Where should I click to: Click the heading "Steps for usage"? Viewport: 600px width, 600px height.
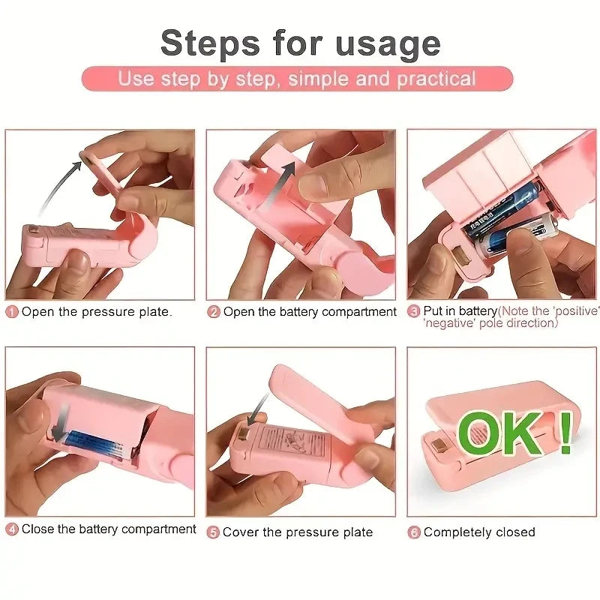[300, 43]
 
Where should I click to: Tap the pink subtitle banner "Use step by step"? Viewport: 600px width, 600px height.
[297, 79]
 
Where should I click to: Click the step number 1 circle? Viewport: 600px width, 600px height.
[12, 312]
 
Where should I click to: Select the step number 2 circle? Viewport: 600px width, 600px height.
[214, 312]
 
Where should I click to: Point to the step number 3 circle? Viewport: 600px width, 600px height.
[414, 311]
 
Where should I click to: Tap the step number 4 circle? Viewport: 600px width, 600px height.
[12, 529]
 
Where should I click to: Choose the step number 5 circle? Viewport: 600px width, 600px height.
[214, 532]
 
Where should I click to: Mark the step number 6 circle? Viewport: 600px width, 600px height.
[414, 532]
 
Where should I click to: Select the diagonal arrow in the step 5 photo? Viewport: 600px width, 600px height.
[258, 409]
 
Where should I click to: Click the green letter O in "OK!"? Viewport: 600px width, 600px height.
[480, 433]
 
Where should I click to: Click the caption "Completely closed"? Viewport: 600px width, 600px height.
[479, 532]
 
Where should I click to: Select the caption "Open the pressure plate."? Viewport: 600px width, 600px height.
[97, 312]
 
